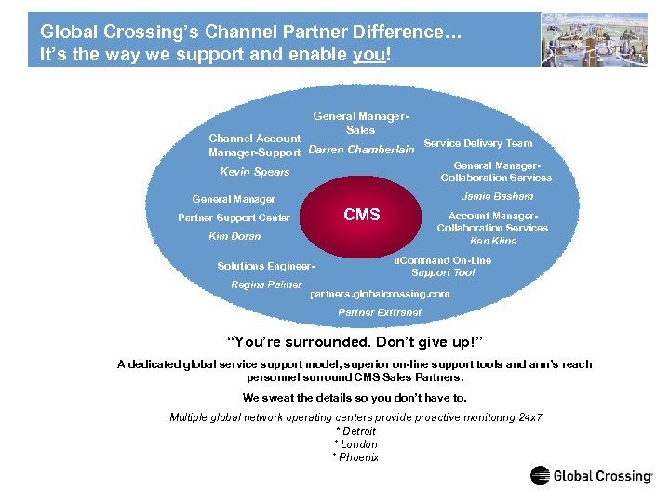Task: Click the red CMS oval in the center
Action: point(361,216)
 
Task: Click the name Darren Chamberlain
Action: point(360,150)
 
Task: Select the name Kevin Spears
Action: point(254,172)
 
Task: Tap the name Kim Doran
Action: point(234,237)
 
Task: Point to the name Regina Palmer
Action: point(266,284)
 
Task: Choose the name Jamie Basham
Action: point(497,196)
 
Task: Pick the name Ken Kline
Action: point(493,241)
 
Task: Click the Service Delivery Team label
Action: point(477,143)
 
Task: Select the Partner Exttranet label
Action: point(379,312)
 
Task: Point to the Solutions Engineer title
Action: point(266,266)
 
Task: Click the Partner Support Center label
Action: point(234,218)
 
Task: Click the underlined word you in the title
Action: point(366,54)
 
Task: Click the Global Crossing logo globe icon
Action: point(541,476)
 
